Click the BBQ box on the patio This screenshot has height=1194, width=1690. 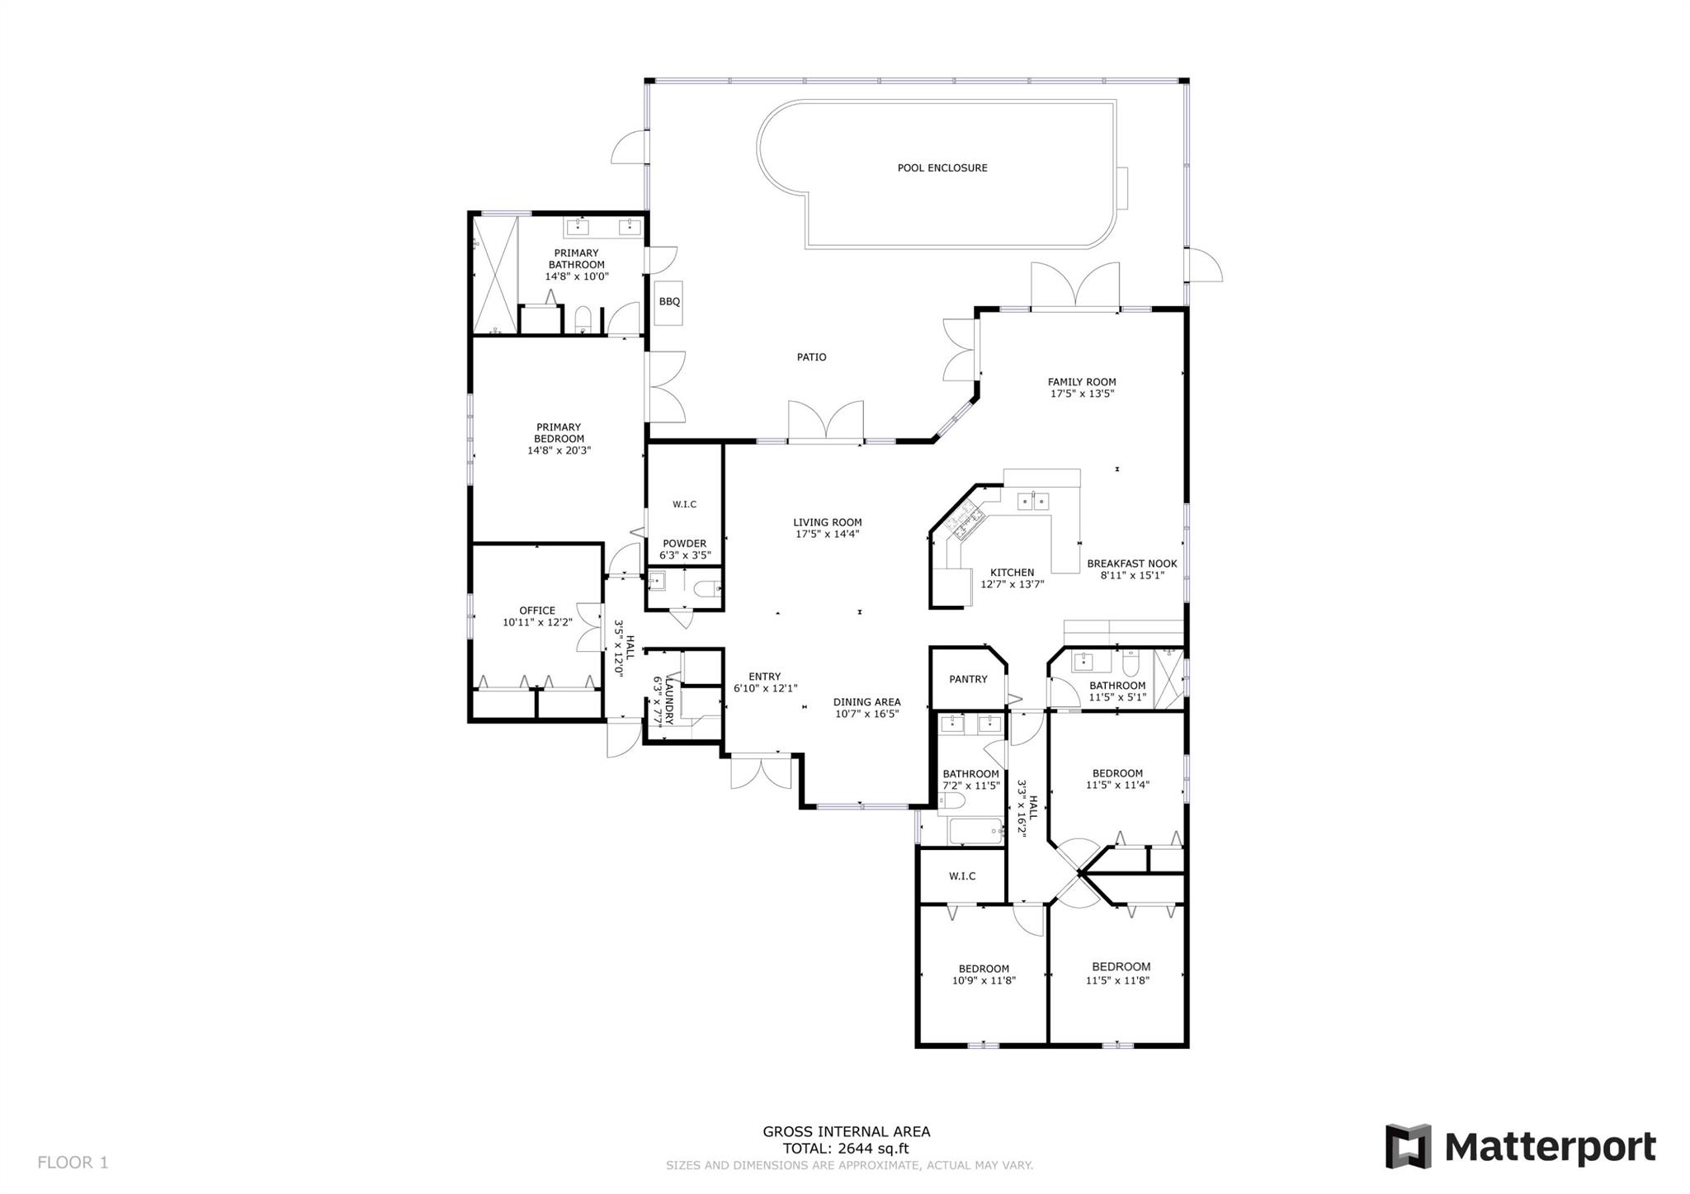click(669, 302)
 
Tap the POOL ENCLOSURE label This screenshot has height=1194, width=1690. click(942, 168)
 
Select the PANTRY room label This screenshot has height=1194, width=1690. click(968, 679)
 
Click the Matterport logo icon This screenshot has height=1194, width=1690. click(1408, 1146)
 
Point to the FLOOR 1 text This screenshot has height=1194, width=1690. click(73, 1163)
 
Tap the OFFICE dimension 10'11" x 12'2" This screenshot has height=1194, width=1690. click(537, 622)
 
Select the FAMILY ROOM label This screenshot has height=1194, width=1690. click(1082, 382)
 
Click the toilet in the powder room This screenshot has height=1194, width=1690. click(707, 589)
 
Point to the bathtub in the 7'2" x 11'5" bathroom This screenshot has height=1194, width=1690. click(976, 831)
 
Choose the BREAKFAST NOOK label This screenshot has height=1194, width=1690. click(1131, 564)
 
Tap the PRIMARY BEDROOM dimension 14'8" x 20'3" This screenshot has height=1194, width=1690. click(559, 451)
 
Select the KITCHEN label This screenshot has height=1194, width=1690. click(1012, 573)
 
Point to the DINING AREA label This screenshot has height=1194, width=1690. click(866, 702)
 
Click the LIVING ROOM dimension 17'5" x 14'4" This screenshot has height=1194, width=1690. click(828, 534)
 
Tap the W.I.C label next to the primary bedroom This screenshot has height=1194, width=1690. click(684, 504)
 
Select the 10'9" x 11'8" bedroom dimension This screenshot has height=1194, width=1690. click(984, 980)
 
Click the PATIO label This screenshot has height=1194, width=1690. click(811, 357)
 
